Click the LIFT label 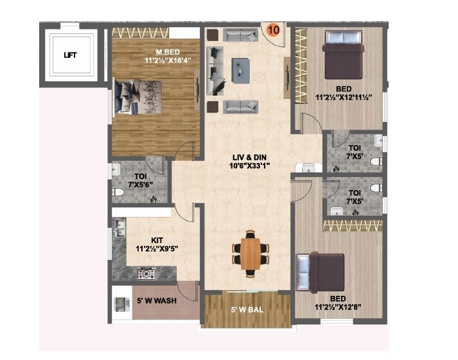[71, 55]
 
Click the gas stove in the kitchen [146, 274]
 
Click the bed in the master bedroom [139, 97]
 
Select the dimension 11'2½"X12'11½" [349, 98]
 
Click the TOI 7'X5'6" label [141, 180]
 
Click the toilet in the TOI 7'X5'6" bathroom [119, 192]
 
